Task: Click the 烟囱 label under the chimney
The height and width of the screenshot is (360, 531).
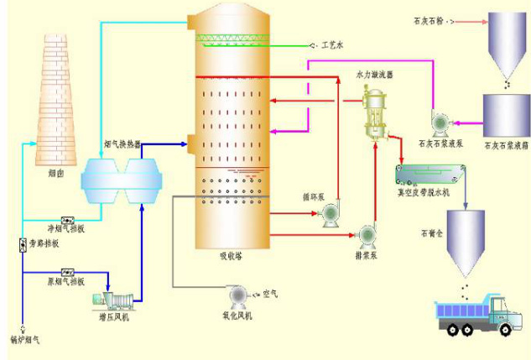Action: coord(56,175)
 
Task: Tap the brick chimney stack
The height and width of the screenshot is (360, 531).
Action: coord(57,101)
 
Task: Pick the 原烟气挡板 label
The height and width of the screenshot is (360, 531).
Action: coord(65,282)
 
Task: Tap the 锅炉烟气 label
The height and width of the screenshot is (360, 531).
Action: coord(24,339)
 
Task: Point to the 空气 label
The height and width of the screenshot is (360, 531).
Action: coord(269,294)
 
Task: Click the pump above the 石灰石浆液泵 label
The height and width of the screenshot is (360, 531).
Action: coord(438,123)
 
